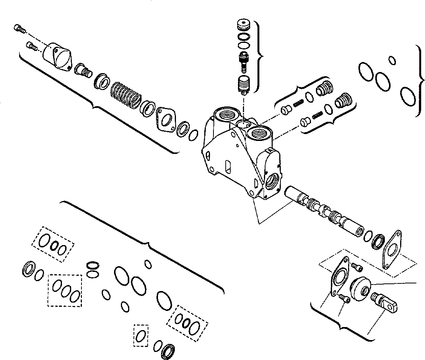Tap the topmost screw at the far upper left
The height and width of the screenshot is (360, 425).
[19, 28]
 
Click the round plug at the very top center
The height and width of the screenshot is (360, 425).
[242, 26]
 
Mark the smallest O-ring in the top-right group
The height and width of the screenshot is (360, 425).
[392, 60]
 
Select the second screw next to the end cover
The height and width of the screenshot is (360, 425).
[31, 46]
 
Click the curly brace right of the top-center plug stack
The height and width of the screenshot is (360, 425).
[260, 57]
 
